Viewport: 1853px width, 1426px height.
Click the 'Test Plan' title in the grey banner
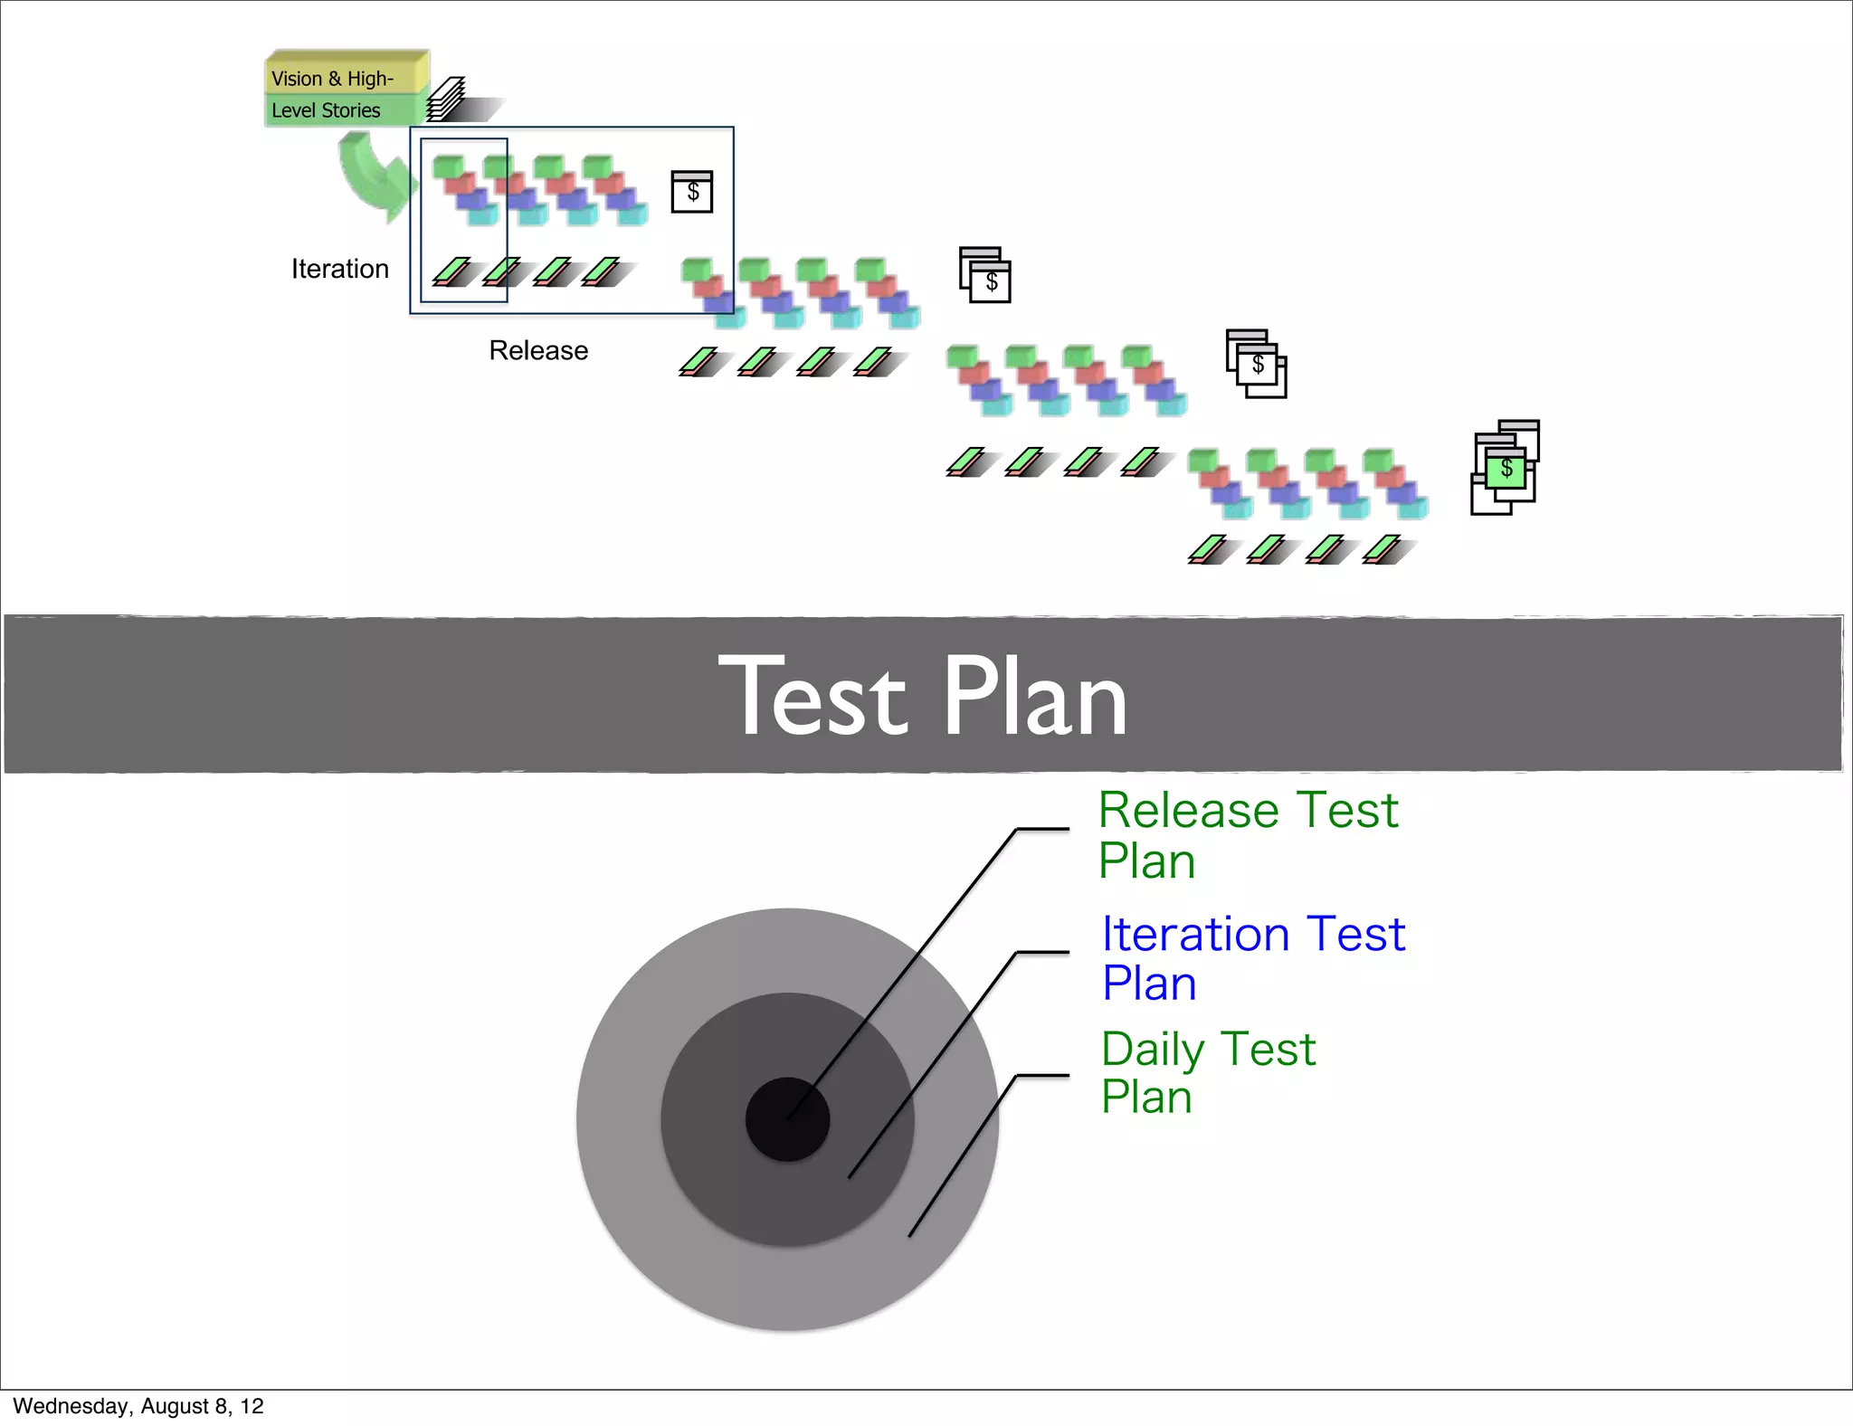point(923,697)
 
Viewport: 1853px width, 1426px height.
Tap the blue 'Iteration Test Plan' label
point(1252,957)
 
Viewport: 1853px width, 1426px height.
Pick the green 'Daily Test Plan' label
point(1207,1072)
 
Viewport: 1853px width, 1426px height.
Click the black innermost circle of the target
point(787,1119)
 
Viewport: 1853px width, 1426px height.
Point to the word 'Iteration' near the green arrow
point(339,269)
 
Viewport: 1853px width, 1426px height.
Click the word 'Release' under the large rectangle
point(538,350)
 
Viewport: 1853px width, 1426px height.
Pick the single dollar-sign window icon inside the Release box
point(692,191)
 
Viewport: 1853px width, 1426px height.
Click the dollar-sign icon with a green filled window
point(1506,469)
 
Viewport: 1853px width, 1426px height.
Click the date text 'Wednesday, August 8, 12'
point(138,1406)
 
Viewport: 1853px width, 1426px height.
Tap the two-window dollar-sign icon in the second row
point(985,275)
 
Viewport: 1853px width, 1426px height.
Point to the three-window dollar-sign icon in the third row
point(1256,364)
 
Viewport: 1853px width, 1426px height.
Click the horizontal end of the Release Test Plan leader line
point(1042,828)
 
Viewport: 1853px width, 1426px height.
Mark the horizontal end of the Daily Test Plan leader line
point(1042,1076)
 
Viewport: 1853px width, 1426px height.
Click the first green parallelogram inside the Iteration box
point(451,271)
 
